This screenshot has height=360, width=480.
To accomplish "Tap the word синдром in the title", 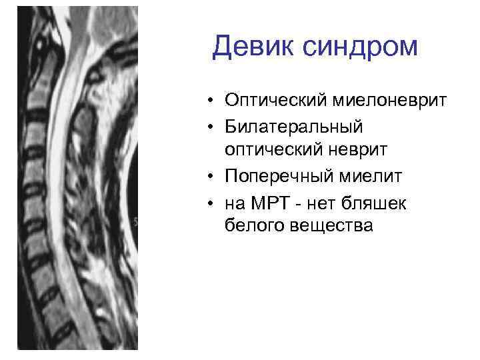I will pos(357,47).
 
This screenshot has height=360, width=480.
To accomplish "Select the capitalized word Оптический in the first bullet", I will pos(273,101).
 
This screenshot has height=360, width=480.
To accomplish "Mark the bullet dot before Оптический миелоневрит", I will pos(209,101).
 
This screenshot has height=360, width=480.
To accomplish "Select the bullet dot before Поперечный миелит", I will pos(209,177).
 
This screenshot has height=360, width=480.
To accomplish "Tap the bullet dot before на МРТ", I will pos(209,202).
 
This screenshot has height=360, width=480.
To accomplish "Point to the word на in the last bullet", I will pos(235,203).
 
